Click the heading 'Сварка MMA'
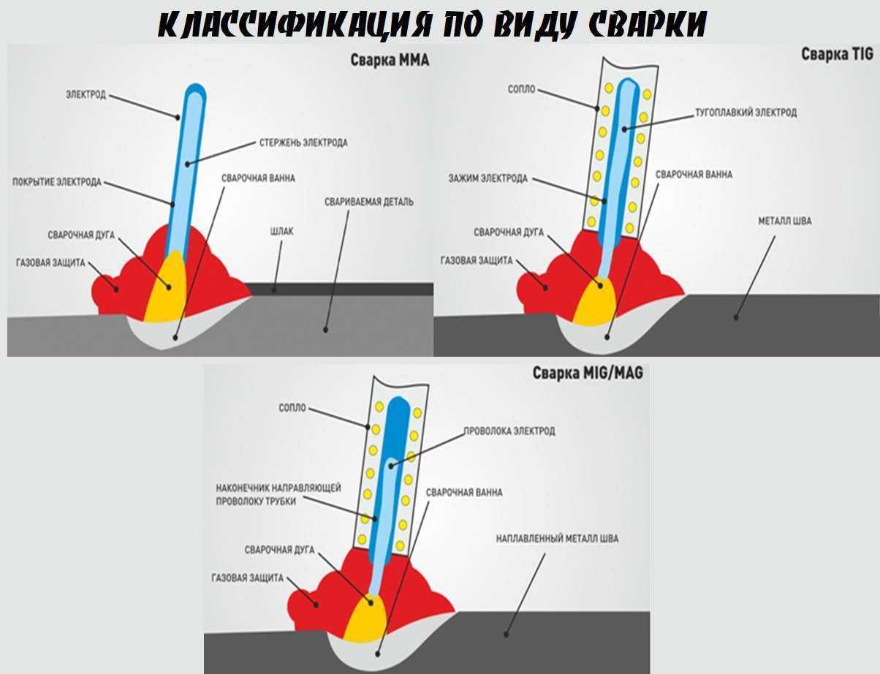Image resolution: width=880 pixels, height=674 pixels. pos(390,61)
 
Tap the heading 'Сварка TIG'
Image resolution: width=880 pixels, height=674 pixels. pos(837,54)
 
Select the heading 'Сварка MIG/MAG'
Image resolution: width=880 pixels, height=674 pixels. pos(588,373)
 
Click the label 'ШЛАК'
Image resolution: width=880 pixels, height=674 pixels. pos(281,231)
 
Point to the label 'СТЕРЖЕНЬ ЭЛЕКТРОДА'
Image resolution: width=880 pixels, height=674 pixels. pos(303,143)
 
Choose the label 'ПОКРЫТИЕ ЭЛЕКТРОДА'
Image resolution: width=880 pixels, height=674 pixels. pos(57,182)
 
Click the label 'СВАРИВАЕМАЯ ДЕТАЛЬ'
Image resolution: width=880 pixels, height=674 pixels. pos(369,202)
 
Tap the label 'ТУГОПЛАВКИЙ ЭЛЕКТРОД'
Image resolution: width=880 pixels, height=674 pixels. pos(746,112)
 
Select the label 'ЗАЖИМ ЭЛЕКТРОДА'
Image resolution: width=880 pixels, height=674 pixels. pos(488,178)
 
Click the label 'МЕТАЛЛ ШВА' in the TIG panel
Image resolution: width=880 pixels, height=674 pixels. pos(785,221)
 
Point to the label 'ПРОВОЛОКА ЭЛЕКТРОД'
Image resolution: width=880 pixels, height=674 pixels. pos(509,431)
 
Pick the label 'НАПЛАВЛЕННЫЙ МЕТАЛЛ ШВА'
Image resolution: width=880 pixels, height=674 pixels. pos(557,539)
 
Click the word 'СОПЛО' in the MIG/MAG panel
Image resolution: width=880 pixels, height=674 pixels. pos(292,408)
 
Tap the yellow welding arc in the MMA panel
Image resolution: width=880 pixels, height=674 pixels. pos(167,287)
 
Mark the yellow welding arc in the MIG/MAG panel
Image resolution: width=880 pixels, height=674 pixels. pos(365,618)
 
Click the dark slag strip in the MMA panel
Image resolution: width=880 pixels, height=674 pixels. pos(340,289)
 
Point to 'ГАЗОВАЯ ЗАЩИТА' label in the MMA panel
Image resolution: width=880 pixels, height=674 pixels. pos(50,263)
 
